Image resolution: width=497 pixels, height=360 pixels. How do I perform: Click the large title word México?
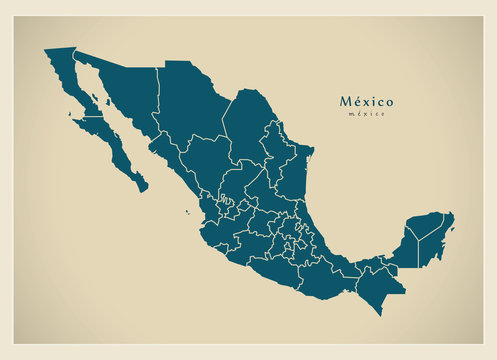pyautogui.click(x=366, y=101)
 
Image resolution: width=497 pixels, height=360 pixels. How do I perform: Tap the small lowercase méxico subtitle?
pyautogui.click(x=366, y=114)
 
